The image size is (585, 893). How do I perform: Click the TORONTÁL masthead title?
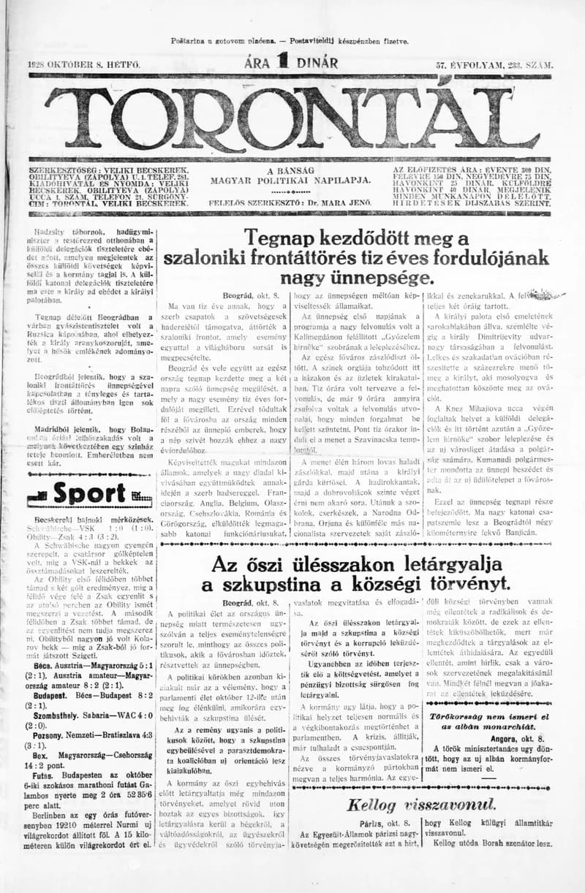point(292,117)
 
